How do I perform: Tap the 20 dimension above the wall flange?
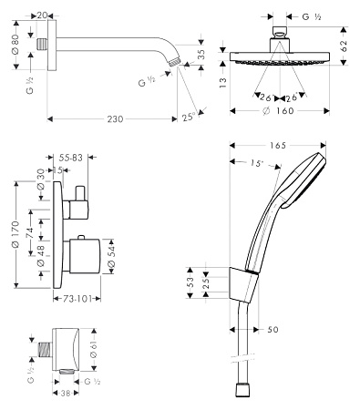(43, 15)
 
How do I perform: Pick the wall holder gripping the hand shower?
(240, 284)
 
